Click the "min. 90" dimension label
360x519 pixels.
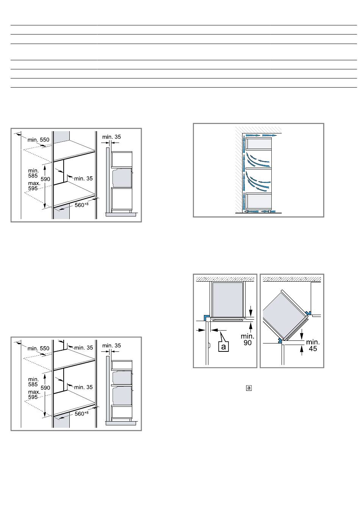click(x=247, y=339)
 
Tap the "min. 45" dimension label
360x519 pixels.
click(x=313, y=345)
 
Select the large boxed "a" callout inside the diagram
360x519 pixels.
click(x=223, y=347)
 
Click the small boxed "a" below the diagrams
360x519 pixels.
click(x=249, y=388)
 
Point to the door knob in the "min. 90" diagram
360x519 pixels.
click(x=210, y=345)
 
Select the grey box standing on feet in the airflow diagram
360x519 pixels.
click(x=258, y=201)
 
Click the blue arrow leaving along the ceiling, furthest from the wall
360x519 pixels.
click(x=269, y=135)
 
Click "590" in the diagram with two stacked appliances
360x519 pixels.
click(x=45, y=388)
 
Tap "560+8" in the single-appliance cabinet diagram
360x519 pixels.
click(x=81, y=205)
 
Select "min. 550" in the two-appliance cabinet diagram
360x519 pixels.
click(x=38, y=348)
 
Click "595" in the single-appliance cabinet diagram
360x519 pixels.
click(x=33, y=188)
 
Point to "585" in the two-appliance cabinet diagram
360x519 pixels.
click(x=33, y=384)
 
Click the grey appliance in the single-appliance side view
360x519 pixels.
click(x=122, y=178)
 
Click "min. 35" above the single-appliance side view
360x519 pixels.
click(x=111, y=137)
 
